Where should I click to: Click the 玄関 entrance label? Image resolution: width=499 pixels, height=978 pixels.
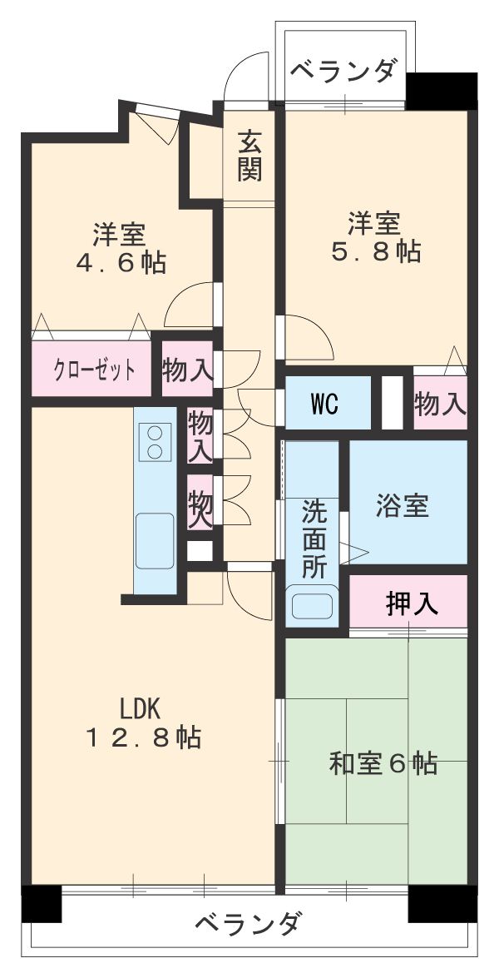click(x=249, y=156)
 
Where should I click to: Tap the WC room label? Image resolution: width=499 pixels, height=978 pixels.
click(x=324, y=404)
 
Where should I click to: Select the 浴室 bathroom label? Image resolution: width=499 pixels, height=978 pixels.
click(x=402, y=506)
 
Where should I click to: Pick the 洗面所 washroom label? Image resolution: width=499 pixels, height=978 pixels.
click(x=314, y=538)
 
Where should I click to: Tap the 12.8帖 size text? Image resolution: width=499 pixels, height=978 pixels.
click(x=143, y=737)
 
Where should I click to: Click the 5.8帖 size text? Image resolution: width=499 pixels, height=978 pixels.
click(x=373, y=251)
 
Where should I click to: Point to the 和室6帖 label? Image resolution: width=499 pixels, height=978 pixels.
click(x=383, y=763)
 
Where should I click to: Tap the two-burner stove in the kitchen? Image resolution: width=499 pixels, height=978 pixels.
click(x=155, y=441)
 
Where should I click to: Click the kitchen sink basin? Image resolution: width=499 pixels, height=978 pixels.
click(x=155, y=539)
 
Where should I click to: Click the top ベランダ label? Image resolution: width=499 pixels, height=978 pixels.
click(x=342, y=71)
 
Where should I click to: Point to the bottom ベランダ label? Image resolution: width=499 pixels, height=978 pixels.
click(x=249, y=924)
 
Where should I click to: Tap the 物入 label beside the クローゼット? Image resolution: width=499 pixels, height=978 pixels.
click(x=186, y=370)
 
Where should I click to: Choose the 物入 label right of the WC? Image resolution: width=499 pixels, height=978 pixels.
click(x=440, y=404)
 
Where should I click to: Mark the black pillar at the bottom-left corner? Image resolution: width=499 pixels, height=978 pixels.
click(x=42, y=903)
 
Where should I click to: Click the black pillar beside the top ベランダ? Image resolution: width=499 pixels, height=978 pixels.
click(x=442, y=90)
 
